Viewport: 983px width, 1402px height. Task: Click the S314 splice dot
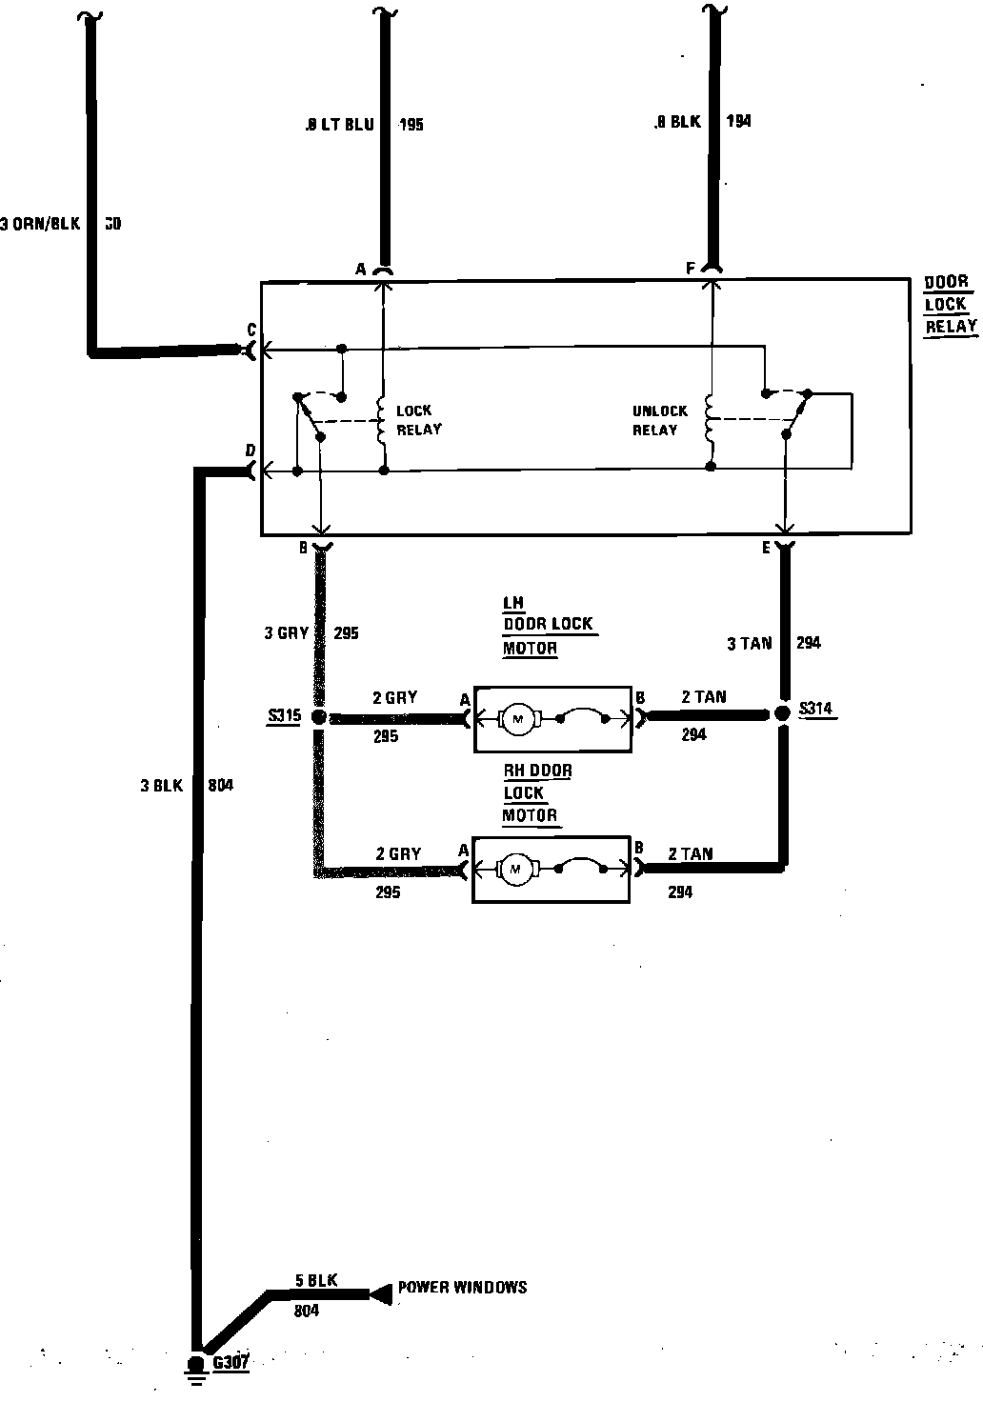tap(783, 713)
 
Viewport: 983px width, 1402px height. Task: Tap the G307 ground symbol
tap(197, 1367)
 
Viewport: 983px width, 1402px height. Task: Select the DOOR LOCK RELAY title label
tap(950, 305)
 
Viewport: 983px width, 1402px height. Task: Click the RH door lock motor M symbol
tap(517, 868)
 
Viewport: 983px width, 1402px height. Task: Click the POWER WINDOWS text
tap(462, 1287)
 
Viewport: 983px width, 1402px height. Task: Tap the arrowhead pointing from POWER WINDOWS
tap(381, 1292)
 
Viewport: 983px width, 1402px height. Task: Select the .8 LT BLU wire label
tap(340, 125)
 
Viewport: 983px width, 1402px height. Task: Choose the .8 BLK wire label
tap(677, 122)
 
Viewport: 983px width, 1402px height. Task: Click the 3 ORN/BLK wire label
tap(41, 225)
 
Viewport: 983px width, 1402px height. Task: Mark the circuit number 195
tap(411, 125)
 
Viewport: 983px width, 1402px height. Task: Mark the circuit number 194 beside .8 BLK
tap(738, 122)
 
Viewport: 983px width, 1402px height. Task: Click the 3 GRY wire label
tap(286, 632)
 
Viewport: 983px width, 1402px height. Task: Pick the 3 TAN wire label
tap(749, 643)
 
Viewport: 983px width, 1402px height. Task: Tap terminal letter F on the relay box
tap(691, 270)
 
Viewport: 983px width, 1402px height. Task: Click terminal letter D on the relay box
tap(251, 450)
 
